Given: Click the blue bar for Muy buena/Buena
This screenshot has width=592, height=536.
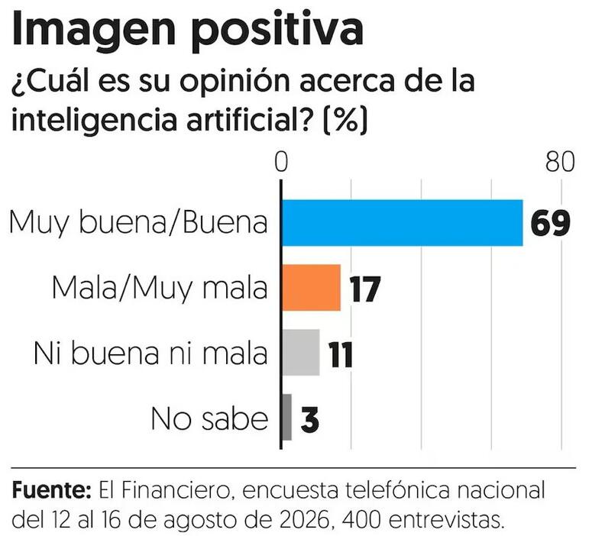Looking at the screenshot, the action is [403, 223].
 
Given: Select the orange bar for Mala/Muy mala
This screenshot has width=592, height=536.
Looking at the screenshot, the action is [312, 288].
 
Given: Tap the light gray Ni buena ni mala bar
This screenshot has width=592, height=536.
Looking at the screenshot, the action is [301, 353].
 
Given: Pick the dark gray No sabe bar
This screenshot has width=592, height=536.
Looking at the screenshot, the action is [287, 417].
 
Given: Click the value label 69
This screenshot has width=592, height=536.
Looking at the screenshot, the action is [551, 223].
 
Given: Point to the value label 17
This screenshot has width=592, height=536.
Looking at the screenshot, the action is [364, 289].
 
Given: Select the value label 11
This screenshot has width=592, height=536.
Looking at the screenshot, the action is [341, 354].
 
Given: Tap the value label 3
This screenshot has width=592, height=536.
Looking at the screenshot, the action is [310, 419].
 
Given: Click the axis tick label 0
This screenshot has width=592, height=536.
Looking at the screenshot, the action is [281, 163].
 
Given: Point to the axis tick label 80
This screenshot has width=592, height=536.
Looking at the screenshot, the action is [560, 163].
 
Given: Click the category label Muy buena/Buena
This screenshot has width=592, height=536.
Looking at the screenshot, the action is [138, 223].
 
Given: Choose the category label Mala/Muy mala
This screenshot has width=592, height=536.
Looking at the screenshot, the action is [160, 288].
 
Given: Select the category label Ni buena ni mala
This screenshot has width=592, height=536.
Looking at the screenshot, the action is [150, 354].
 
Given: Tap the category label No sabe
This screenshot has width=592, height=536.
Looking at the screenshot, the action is [209, 418].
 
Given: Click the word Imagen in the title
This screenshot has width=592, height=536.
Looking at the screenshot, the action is [94, 30].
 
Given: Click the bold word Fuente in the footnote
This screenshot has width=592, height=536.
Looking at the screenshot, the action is [51, 490].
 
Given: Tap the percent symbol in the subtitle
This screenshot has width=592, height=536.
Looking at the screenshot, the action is [345, 118].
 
